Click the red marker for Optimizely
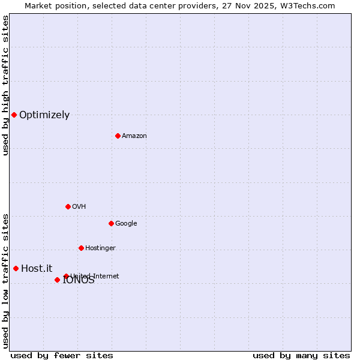pyautogui.click(x=14, y=115)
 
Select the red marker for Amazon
pyautogui.click(x=118, y=136)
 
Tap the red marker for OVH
pyautogui.click(x=68, y=206)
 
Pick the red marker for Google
pyautogui.click(x=111, y=223)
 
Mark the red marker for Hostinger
pyautogui.click(x=81, y=248)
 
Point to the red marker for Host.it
pyautogui.click(x=16, y=268)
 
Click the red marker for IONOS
pyautogui.click(x=57, y=280)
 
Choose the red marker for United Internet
pyautogui.click(x=66, y=276)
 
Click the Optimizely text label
pyautogui.click(x=44, y=115)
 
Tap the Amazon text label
pyautogui.click(x=134, y=136)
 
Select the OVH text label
pyautogui.click(x=79, y=207)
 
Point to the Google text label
pyautogui.click(x=126, y=224)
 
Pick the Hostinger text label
pyautogui.click(x=100, y=248)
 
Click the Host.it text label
pyautogui.click(x=37, y=269)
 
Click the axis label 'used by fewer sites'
pyautogui.click(x=62, y=355)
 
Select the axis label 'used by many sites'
pyautogui.click(x=301, y=355)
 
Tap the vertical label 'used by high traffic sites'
pyautogui.click(x=5, y=85)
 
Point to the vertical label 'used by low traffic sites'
pyautogui.click(x=5, y=281)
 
